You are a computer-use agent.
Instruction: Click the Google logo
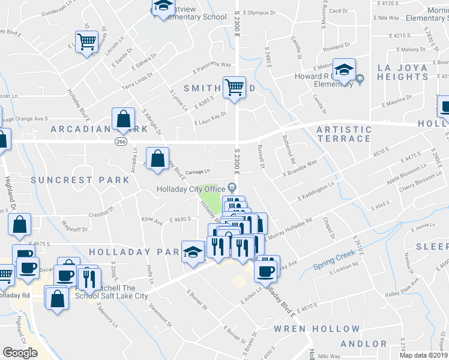tap(20, 353)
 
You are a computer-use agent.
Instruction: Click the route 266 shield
tap(121, 140)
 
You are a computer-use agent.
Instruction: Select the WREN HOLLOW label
tap(316, 329)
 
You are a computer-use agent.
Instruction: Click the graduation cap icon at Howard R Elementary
tap(344, 70)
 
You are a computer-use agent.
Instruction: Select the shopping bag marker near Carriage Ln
tap(157, 160)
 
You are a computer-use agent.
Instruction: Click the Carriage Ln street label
tap(197, 171)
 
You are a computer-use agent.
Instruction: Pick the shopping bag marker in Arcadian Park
tap(123, 119)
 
